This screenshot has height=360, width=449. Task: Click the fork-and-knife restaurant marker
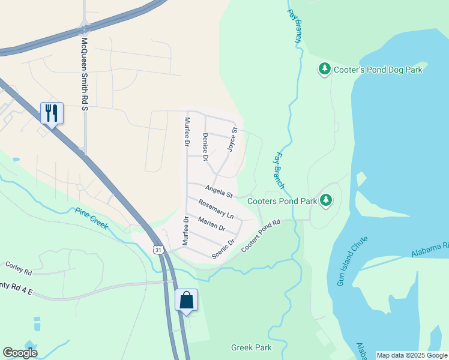[x=52, y=113]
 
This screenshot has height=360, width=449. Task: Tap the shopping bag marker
[x=186, y=300]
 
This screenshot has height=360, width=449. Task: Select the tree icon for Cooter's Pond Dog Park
[x=325, y=70]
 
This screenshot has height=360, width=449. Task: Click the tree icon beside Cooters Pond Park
[x=326, y=200]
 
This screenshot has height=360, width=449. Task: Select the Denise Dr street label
[x=205, y=148]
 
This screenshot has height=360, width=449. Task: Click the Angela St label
[x=218, y=192]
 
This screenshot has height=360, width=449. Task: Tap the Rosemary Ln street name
[x=215, y=209]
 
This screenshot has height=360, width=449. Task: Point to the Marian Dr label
[x=211, y=224]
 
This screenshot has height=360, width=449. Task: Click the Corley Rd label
[x=19, y=268]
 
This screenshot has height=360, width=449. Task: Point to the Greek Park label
[x=252, y=347]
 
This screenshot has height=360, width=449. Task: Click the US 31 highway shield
[x=158, y=249]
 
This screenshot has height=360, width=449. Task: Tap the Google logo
[x=20, y=353]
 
